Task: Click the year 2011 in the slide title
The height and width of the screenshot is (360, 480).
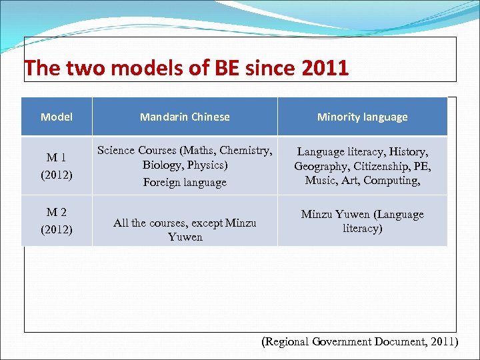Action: tap(325, 68)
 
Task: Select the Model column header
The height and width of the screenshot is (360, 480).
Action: tap(57, 117)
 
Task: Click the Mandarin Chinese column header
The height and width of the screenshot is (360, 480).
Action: tap(185, 117)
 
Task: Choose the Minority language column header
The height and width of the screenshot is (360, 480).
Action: tap(362, 117)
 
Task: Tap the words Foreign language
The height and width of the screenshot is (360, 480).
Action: tap(185, 182)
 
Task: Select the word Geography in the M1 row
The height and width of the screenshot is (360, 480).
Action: tap(323, 166)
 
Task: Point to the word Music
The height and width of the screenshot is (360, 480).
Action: tap(320, 180)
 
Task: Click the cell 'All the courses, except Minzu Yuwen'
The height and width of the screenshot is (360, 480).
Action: tap(185, 229)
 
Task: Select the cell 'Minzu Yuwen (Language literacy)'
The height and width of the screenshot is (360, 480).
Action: tap(362, 221)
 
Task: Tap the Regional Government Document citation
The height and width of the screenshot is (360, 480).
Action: tap(359, 341)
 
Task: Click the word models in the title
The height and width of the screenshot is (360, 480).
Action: tap(113, 68)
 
